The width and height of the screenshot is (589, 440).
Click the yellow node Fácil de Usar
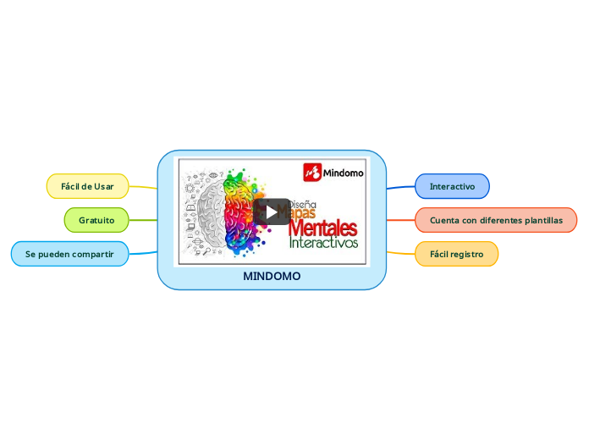point(87,186)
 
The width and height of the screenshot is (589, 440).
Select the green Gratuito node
point(96,220)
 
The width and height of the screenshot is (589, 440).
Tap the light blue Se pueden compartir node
point(69,253)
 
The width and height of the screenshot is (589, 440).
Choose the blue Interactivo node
point(452,186)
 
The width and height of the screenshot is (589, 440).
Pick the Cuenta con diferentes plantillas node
point(496,220)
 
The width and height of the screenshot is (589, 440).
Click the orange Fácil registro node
point(456,253)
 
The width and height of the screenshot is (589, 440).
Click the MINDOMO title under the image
point(272,277)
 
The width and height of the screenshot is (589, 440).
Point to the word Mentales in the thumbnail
point(322,228)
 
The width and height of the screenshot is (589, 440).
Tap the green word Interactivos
point(323,244)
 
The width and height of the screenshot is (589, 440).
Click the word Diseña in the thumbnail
point(302,204)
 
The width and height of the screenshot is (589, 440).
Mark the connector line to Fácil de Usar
point(143,187)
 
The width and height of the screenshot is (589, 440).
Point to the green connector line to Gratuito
point(143,220)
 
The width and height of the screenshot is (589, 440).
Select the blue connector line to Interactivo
point(400,187)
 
